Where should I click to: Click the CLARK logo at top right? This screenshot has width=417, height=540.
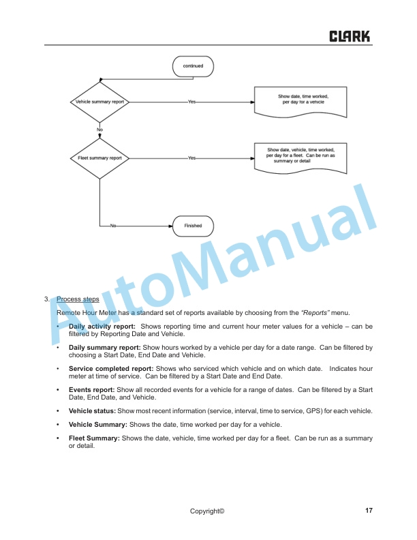click(x=350, y=36)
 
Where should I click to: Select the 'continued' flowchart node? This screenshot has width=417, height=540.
click(x=193, y=66)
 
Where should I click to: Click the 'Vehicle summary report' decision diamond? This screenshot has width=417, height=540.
click(x=99, y=102)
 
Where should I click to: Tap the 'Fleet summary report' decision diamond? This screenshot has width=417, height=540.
click(x=99, y=158)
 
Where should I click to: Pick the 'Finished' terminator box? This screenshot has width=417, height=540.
click(x=193, y=226)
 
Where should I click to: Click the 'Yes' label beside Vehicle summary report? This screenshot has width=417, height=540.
click(x=191, y=102)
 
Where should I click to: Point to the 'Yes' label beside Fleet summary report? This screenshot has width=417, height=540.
click(x=191, y=158)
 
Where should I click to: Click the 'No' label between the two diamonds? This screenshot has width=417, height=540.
click(x=99, y=130)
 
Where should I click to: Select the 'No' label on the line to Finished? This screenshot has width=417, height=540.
click(x=114, y=226)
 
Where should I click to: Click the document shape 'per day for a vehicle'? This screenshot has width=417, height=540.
click(x=303, y=100)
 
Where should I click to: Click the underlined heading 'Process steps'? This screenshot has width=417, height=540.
click(x=78, y=299)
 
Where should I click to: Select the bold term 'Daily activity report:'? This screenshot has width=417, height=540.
click(x=102, y=327)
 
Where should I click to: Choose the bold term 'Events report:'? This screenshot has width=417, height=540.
click(x=91, y=390)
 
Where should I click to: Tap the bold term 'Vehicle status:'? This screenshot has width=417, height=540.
click(x=92, y=411)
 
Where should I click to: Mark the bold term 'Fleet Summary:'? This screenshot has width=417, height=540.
click(x=94, y=438)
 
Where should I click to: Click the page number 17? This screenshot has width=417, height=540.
click(x=369, y=511)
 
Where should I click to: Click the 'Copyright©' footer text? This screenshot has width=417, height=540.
click(x=207, y=511)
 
